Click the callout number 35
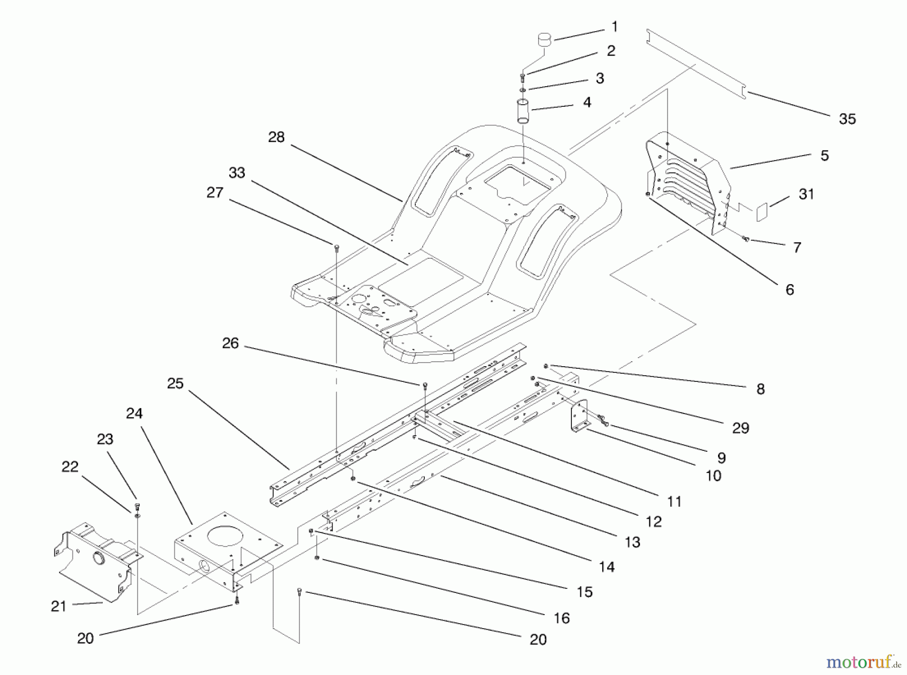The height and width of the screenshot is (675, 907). coord(847,119)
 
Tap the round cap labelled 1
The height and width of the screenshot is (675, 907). coord(545,39)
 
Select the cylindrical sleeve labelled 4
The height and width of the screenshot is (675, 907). coord(523,111)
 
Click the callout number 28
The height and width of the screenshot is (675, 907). coord(276,137)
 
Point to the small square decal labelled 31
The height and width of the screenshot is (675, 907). coord(762,212)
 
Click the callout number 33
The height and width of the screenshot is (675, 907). coord(237,173)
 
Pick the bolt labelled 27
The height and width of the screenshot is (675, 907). coord(337,247)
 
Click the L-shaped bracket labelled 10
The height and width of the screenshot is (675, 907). coord(579,416)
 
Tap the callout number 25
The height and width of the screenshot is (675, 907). coord(175,383)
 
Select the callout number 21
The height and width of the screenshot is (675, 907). coord(58,606)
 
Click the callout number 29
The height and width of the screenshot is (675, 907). coord(740,428)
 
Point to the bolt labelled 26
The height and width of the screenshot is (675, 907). coord(425,385)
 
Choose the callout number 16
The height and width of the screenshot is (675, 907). coord(561,618)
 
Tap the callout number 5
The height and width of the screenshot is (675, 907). coord(824,156)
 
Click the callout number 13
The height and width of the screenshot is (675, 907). coord(632,542)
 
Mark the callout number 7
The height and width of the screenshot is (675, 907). coord(797,247)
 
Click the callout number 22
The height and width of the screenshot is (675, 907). coord(70,467)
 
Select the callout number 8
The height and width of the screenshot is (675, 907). coord(760,389)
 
